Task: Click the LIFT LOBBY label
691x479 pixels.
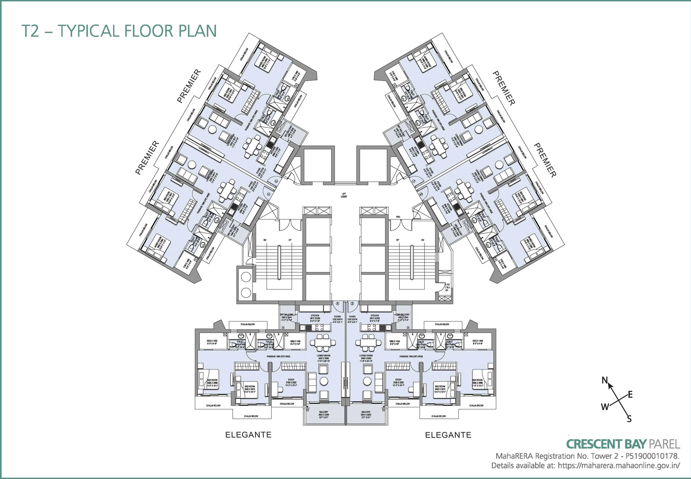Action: coord(344,195)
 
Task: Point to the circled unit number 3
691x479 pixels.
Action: coord(352,304)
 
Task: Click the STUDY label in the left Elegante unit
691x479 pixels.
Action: coord(291,380)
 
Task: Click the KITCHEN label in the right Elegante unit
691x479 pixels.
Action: coord(375,316)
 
